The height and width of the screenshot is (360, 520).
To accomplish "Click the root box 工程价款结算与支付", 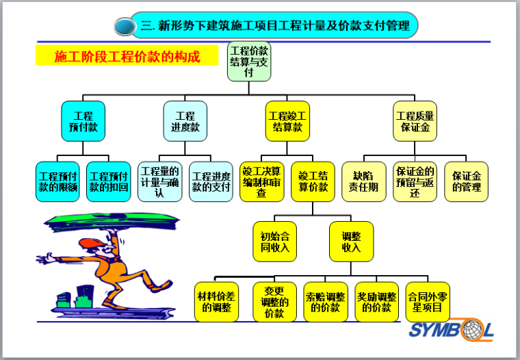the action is click(249, 62).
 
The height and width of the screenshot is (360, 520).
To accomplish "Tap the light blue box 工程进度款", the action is click(185, 122).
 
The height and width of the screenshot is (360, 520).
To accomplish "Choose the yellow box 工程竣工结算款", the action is click(287, 122).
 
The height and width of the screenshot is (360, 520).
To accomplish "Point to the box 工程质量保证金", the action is click(415, 122).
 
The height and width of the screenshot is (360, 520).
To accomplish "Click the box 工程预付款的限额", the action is click(57, 181).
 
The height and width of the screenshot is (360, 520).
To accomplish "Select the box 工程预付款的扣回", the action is click(109, 181).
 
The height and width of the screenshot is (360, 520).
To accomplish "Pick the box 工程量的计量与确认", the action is click(159, 181).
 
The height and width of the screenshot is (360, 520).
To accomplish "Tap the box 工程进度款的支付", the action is click(211, 181).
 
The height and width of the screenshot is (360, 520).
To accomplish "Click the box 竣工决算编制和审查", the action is click(261, 181).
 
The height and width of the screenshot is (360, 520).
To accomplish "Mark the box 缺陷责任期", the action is click(364, 181).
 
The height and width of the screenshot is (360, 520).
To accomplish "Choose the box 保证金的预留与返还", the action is click(415, 181).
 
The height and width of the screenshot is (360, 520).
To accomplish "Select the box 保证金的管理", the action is click(466, 181).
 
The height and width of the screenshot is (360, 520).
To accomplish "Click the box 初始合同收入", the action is click(274, 242).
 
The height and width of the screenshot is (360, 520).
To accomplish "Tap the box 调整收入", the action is click(351, 242).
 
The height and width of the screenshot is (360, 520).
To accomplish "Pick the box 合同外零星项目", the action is click(428, 302).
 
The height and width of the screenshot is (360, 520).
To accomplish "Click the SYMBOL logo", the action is click(451, 331).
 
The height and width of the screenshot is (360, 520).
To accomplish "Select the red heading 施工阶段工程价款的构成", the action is click(127, 57).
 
